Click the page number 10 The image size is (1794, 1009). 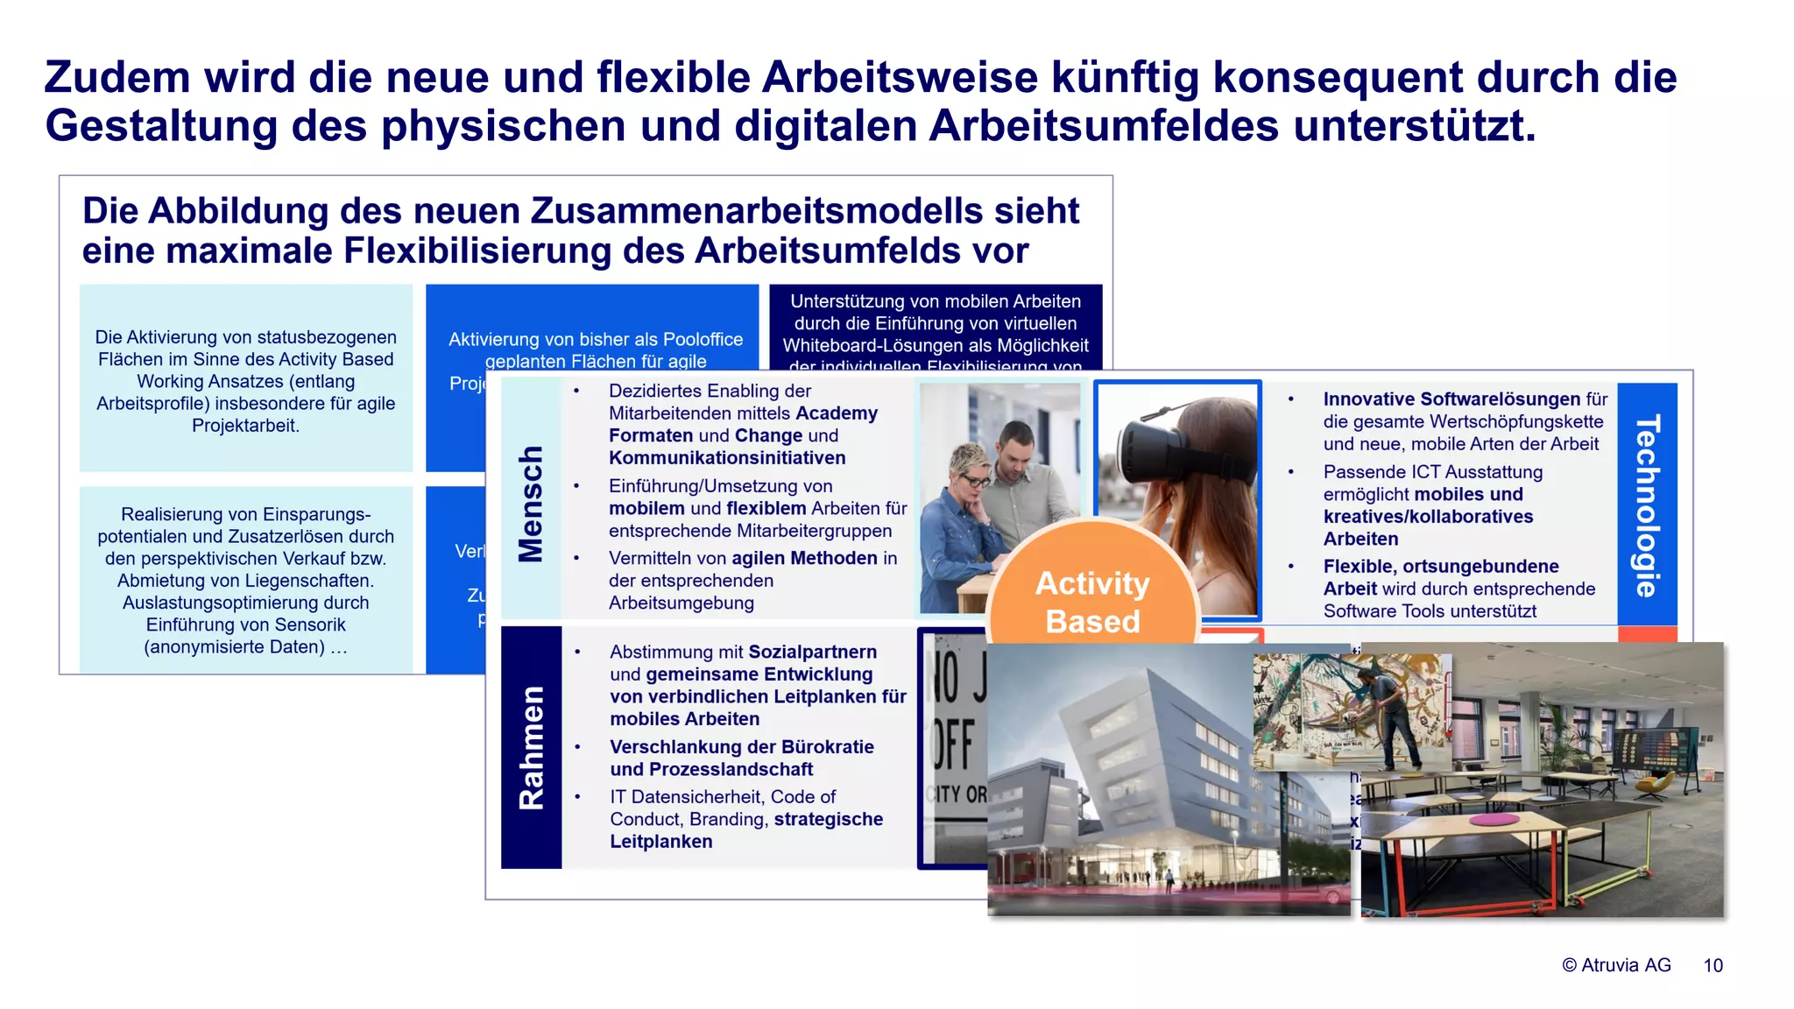pos(1713,965)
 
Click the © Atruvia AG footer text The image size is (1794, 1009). pos(1616,965)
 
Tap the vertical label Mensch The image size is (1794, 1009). pos(531,504)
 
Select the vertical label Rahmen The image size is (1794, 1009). pos(531,747)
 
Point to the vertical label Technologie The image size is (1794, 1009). pos(1647,505)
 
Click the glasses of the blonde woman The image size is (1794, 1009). pos(973,479)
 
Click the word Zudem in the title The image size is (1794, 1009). pos(117,77)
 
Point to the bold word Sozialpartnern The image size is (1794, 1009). pos(812,652)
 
